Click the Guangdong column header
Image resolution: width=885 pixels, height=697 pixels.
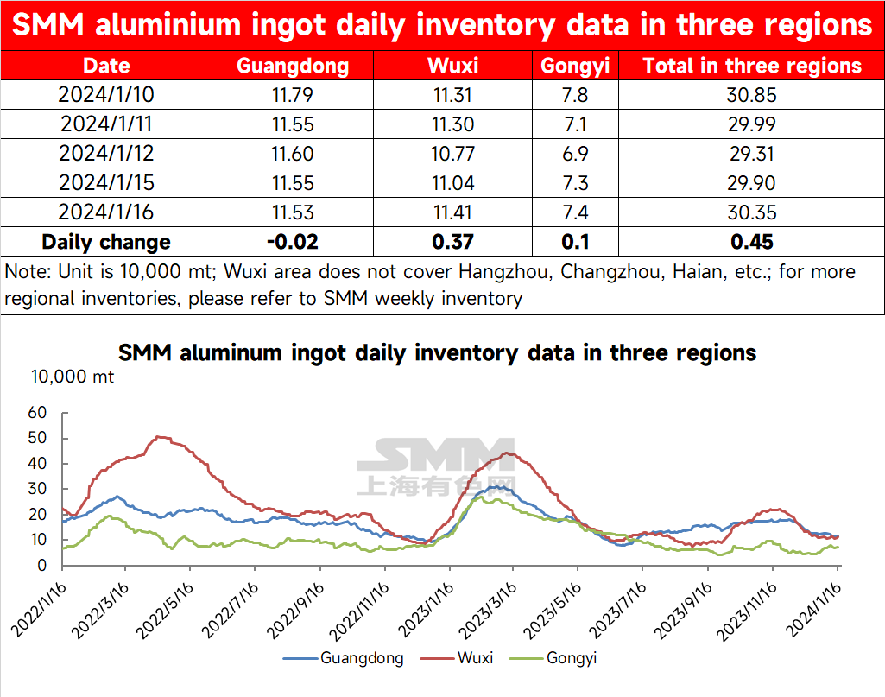[293, 67]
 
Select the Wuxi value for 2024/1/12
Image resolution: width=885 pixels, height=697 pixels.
[452, 154]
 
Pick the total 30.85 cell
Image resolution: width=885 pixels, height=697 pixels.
[751, 95]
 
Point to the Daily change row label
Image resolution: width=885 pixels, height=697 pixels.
[106, 242]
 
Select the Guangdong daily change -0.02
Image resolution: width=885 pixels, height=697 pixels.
[293, 242]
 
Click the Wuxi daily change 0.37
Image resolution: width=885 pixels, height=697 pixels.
[452, 242]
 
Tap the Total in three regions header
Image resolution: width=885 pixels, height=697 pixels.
[751, 67]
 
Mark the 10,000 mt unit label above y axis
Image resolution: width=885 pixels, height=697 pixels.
[73, 377]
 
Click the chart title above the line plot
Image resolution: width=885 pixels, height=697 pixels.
[437, 353]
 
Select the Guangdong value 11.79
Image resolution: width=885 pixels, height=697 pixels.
[293, 95]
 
